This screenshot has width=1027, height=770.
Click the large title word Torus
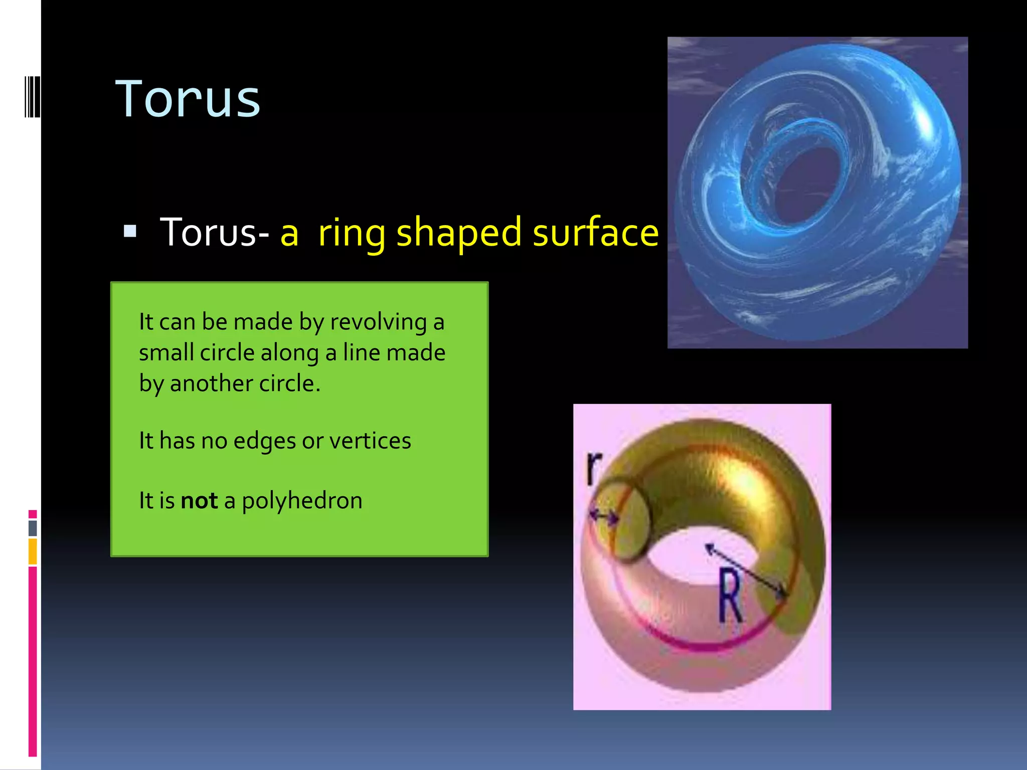click(x=188, y=99)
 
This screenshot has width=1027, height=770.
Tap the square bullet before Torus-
click(x=130, y=231)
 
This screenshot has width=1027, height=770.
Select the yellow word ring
click(x=352, y=233)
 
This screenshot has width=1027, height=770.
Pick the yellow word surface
click(x=595, y=233)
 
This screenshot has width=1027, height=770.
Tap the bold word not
click(x=199, y=501)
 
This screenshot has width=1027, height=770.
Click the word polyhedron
click(x=302, y=501)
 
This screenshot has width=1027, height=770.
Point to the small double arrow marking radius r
click(x=603, y=516)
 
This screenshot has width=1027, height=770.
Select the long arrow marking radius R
click(x=746, y=571)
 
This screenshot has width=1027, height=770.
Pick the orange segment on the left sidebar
click(x=33, y=551)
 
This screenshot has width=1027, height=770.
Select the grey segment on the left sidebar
click(x=33, y=528)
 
